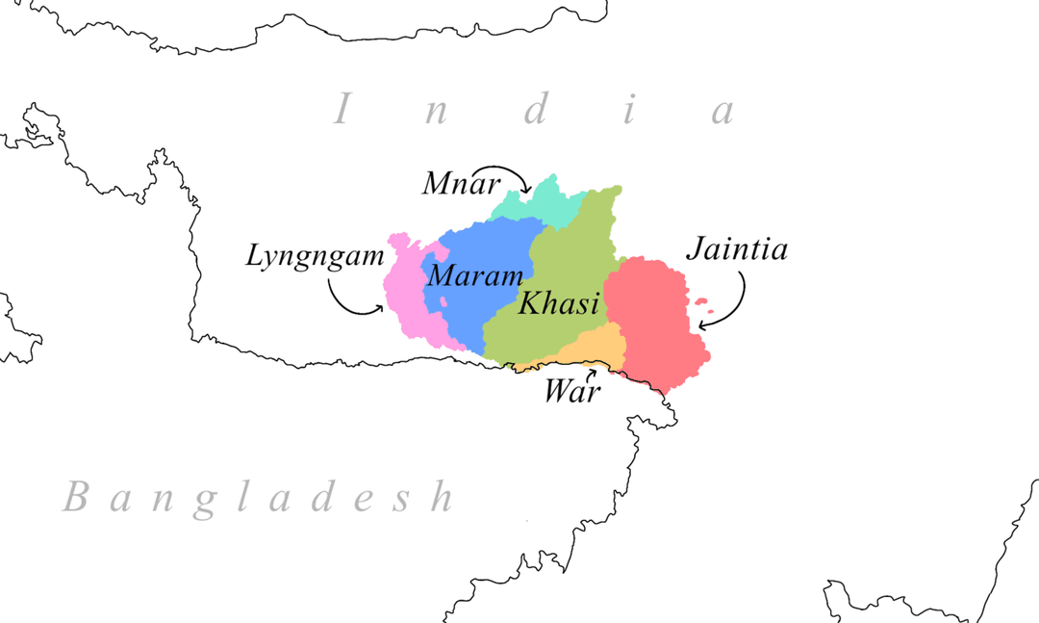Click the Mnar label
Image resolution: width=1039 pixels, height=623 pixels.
(452, 182)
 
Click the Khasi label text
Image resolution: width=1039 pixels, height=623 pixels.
(559, 304)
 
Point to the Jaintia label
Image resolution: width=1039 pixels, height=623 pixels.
(737, 250)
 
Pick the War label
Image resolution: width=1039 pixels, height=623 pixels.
(572, 392)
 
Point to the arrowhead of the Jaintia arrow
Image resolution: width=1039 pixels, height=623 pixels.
(702, 325)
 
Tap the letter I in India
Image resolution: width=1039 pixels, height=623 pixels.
(342, 110)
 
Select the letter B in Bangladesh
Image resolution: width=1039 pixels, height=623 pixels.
(76, 498)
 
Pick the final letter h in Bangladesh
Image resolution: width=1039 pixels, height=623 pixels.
(442, 497)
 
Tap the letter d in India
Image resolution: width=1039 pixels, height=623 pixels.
(535, 110)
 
